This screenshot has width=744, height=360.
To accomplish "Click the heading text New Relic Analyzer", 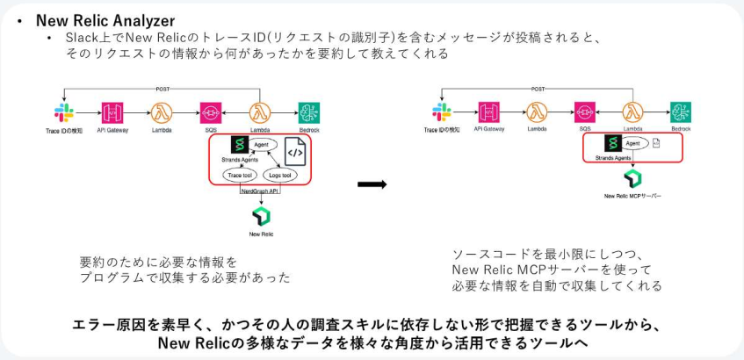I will click(x=105, y=20).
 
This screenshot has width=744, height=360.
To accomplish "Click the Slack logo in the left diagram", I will click(x=63, y=112).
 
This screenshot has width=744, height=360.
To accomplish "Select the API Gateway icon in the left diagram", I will click(x=112, y=112).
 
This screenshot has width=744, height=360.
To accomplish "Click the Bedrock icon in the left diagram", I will click(x=308, y=112).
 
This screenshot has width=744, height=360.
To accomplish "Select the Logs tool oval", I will click(x=281, y=176).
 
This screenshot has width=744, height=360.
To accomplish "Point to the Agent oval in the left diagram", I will click(x=261, y=143).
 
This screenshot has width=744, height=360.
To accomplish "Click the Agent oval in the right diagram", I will click(x=632, y=143).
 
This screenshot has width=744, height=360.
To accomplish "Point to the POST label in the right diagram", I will click(x=538, y=89).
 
